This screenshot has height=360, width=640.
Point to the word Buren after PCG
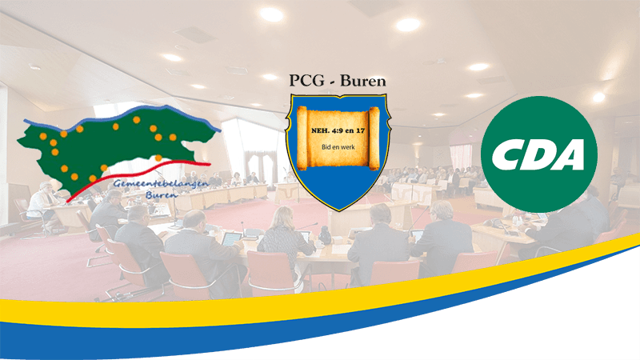(x=363, y=81)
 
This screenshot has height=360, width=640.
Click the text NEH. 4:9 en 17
(x=338, y=131)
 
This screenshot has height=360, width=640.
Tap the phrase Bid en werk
(x=338, y=147)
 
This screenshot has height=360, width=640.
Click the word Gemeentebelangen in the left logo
(x=161, y=185)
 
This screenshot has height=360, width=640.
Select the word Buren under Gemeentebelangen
(x=162, y=195)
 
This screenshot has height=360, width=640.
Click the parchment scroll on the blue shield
(x=338, y=138)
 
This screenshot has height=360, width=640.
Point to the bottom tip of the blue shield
(x=338, y=211)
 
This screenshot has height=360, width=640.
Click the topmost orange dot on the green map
(x=136, y=119)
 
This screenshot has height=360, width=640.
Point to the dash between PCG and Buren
(x=333, y=82)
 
